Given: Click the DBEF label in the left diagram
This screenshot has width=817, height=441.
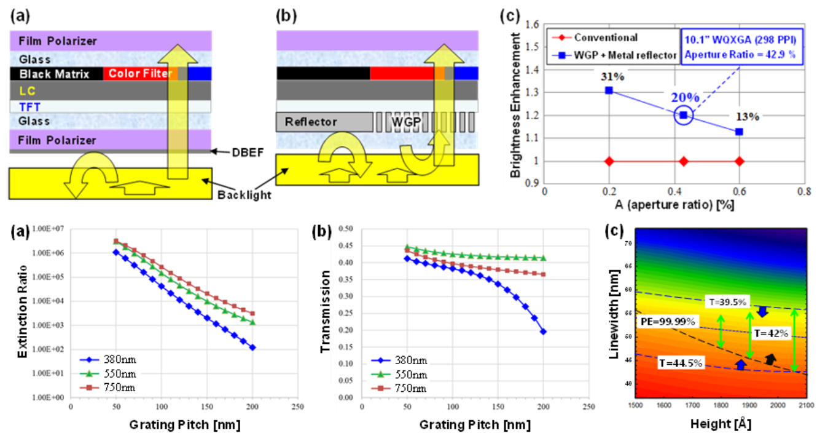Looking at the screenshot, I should point(234,151).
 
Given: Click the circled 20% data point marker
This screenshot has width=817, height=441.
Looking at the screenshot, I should point(684,115).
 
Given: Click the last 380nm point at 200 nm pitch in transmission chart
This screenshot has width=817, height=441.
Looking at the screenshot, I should point(544,332).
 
